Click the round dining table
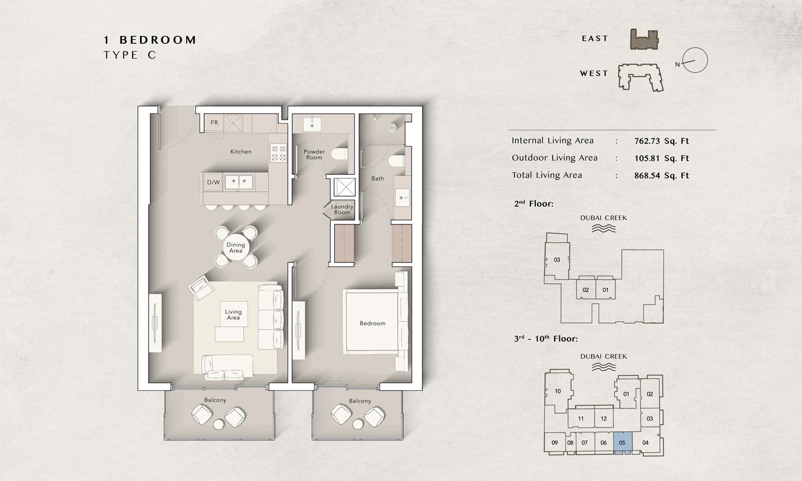pyautogui.click(x=236, y=247)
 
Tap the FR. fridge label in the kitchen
pyautogui.click(x=215, y=123)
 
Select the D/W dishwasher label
pyautogui.click(x=213, y=182)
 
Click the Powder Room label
pyautogui.click(x=314, y=154)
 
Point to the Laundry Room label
pyautogui.click(x=342, y=210)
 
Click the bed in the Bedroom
pyautogui.click(x=373, y=322)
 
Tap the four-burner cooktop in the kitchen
pyautogui.click(x=278, y=153)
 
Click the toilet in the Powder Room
pyautogui.click(x=340, y=155)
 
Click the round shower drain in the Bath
pyautogui.click(x=392, y=128)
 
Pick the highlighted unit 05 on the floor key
pyautogui.click(x=622, y=443)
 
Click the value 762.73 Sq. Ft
pyautogui.click(x=661, y=141)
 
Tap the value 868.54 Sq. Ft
pyautogui.click(x=661, y=175)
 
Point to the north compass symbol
pyautogui.click(x=695, y=60)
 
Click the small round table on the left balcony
pyautogui.click(x=219, y=425)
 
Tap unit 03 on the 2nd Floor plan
pyautogui.click(x=557, y=260)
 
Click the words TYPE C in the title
pyautogui.click(x=130, y=55)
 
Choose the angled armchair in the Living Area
pyautogui.click(x=202, y=289)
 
